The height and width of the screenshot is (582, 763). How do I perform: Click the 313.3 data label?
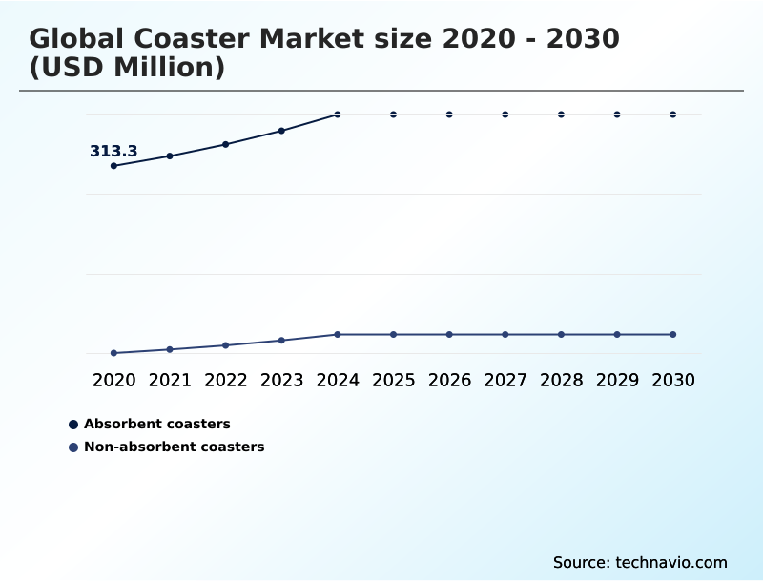pos(113,151)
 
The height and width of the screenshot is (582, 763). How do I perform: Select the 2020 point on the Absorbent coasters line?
pos(113,166)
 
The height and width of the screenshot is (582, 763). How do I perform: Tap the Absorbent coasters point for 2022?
pos(226,144)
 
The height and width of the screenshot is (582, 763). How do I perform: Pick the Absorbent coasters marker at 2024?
pos(338,114)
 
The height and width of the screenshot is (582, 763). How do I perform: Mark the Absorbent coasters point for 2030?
pos(673,114)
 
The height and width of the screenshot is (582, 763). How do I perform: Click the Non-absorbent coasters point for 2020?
pos(113,353)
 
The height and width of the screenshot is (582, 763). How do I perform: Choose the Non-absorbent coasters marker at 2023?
pos(281,340)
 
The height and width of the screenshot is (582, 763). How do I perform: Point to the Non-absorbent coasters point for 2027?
pos(505,334)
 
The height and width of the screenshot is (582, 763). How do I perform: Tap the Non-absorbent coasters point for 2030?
pos(673,334)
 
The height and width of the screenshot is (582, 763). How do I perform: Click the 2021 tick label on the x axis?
pos(170,380)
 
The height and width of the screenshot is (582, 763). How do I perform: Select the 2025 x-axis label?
pos(393,380)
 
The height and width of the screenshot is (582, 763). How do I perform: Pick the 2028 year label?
pos(561,380)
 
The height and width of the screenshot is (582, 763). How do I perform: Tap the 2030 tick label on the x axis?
pos(673,380)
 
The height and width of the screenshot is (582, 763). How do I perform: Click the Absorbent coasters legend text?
pos(157,424)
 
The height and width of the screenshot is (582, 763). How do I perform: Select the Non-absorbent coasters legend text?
pos(174,447)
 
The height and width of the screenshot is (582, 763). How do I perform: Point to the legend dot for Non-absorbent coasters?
pos(73,447)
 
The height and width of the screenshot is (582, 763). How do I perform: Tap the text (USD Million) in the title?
pos(127,68)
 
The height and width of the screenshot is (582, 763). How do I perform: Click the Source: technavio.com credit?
pos(640,562)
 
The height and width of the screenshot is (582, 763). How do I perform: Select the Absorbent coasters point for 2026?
pos(449,114)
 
